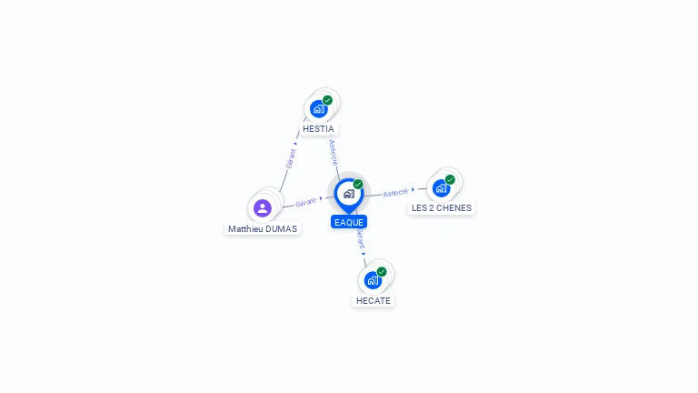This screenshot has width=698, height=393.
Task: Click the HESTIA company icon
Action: (x=319, y=109)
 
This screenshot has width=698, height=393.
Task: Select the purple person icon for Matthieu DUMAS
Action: (x=263, y=208)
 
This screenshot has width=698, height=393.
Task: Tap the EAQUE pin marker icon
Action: (x=349, y=196)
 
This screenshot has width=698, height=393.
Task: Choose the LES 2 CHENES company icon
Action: (x=441, y=188)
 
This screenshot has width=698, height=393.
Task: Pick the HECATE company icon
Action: (x=373, y=280)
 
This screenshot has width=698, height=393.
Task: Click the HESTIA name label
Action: (x=318, y=129)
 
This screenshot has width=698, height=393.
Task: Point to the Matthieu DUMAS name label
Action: (x=263, y=228)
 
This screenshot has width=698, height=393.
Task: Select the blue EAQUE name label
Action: (x=349, y=222)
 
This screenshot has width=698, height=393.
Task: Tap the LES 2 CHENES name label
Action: (x=442, y=207)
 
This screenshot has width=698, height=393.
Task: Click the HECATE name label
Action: (x=374, y=301)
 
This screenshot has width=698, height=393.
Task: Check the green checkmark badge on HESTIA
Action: (x=327, y=100)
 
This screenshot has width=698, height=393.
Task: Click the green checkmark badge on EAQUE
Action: (x=358, y=184)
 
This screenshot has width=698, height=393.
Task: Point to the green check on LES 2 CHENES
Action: (x=450, y=179)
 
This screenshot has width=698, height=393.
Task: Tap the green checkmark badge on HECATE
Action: (x=382, y=272)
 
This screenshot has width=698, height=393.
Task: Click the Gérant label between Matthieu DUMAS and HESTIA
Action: (x=291, y=158)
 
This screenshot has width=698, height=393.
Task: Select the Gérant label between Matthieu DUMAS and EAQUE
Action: (x=305, y=202)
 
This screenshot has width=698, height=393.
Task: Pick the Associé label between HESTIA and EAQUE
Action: (x=334, y=153)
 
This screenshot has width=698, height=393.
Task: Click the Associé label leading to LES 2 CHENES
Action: (x=395, y=193)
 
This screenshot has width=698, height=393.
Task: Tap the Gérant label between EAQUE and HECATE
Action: (x=361, y=240)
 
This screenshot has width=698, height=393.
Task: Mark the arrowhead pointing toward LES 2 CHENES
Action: (x=414, y=190)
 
